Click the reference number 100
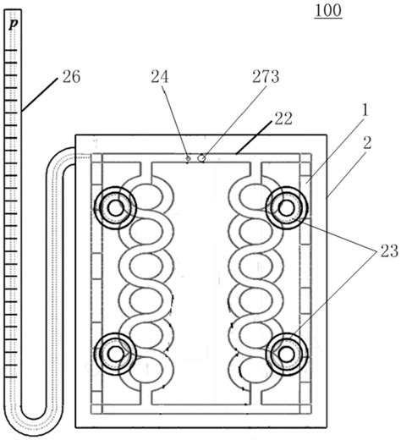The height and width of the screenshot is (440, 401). tap(328, 11)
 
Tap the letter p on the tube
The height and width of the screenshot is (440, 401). tap(14, 24)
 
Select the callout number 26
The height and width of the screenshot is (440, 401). tap(71, 77)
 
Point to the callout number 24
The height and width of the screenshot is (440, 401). tap(160, 77)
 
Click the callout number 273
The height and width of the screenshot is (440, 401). tap(266, 77)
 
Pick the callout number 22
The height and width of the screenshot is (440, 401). tap(283, 118)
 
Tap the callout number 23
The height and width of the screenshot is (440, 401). tap(389, 250)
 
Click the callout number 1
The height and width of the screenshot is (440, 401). tap(365, 111)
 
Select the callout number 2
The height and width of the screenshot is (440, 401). tap(367, 143)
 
